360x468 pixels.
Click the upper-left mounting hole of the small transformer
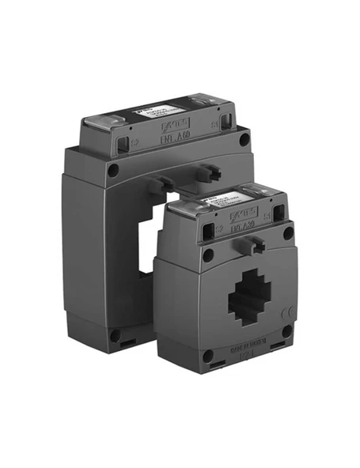[208, 255]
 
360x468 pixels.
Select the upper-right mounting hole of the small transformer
[288, 233]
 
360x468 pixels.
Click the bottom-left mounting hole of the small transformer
[208, 356]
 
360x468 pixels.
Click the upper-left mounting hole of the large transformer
[113, 169]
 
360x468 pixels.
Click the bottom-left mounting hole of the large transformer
[116, 335]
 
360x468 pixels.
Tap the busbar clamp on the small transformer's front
[255, 245]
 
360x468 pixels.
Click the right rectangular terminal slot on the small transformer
[278, 213]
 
